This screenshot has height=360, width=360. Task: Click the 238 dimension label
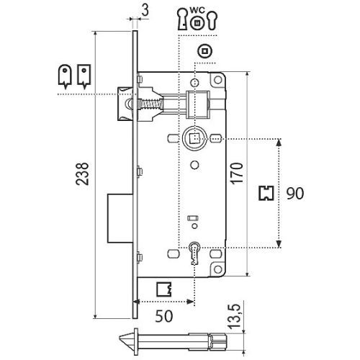82,174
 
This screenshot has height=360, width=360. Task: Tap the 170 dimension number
237,174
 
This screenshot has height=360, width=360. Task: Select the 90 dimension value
295,194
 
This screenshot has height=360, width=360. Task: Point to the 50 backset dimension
164,316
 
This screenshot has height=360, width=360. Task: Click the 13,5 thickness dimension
234,316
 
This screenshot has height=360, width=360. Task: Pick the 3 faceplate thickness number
145,10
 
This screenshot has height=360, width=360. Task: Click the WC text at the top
197,10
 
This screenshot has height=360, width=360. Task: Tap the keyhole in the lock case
194,253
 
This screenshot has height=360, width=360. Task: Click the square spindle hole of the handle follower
194,138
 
